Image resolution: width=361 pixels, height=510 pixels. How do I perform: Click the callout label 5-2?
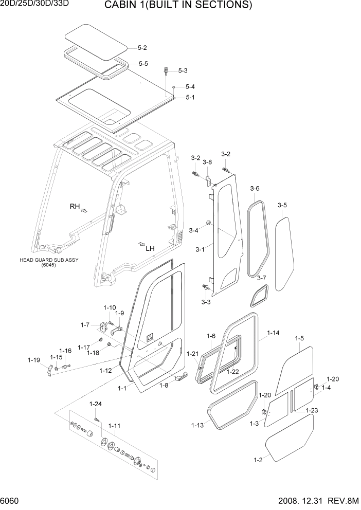[142, 48]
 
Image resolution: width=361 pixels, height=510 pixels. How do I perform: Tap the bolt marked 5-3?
[166, 70]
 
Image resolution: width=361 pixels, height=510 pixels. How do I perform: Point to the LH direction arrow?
[141, 243]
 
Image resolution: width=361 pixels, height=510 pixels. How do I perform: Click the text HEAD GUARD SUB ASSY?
[49, 260]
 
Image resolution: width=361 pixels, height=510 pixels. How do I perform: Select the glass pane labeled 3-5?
[282, 252]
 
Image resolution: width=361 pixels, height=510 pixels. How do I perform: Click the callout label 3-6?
[255, 189]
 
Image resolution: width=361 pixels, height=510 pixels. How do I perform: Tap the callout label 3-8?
[207, 162]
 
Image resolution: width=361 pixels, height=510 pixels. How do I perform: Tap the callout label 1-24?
[96, 404]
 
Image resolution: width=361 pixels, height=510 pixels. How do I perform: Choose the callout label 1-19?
[33, 360]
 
